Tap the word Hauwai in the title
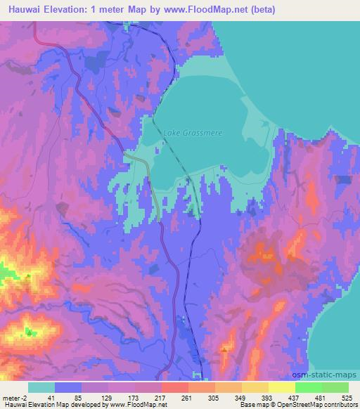tap(20, 10)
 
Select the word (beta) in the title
tap(262, 10)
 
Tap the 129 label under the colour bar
tap(107, 397)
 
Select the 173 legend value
tap(134, 397)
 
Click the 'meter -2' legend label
tap(13, 397)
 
